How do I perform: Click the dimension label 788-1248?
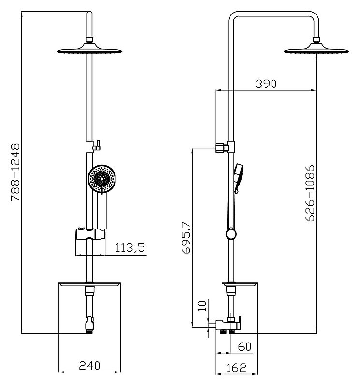click(15, 172)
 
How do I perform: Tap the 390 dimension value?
click(266, 84)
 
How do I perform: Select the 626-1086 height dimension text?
click(310, 194)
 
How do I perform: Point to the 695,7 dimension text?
click(186, 237)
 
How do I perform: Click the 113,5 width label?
click(130, 247)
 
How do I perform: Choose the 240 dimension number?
click(89, 366)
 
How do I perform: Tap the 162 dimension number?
click(236, 368)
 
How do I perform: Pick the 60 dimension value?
click(245, 346)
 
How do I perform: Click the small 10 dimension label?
click(202, 306)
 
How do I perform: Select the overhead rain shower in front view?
click(89, 48)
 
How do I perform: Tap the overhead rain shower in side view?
click(316, 48)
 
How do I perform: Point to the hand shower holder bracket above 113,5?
click(90, 234)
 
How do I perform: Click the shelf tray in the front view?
click(89, 285)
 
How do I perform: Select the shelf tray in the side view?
click(240, 285)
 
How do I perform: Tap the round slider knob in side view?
click(231, 234)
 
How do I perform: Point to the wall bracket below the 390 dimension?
click(222, 148)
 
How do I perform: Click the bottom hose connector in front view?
click(89, 325)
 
